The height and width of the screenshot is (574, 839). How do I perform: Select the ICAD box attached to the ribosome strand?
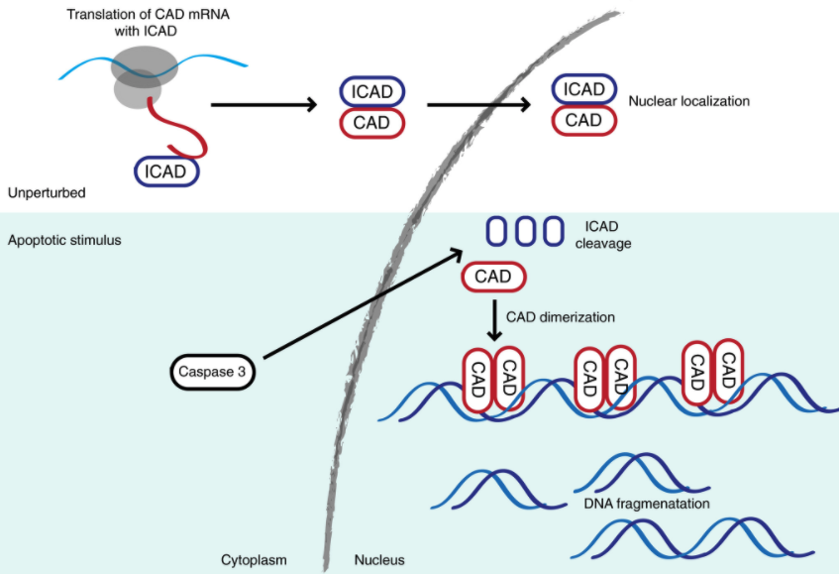click(166, 172)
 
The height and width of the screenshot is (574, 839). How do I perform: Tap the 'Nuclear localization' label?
click(689, 101)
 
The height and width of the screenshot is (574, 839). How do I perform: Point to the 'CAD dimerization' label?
click(561, 318)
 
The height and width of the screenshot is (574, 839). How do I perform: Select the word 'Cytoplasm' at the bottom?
click(254, 560)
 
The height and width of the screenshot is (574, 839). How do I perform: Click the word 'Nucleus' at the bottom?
click(379, 560)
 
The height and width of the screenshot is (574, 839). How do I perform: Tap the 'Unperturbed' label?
click(46, 192)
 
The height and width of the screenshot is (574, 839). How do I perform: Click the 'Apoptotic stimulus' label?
click(64, 240)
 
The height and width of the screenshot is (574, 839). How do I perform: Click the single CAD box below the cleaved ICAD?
click(493, 277)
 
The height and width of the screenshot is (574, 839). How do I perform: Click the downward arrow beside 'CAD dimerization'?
click(493, 319)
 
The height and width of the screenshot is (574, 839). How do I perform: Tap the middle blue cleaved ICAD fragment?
click(525, 230)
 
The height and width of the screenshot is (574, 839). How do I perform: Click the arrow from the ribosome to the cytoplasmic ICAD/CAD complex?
click(262, 103)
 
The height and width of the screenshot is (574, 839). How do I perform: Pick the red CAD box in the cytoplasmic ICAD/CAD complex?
click(372, 123)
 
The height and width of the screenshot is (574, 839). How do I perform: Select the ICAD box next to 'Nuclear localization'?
click(584, 89)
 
